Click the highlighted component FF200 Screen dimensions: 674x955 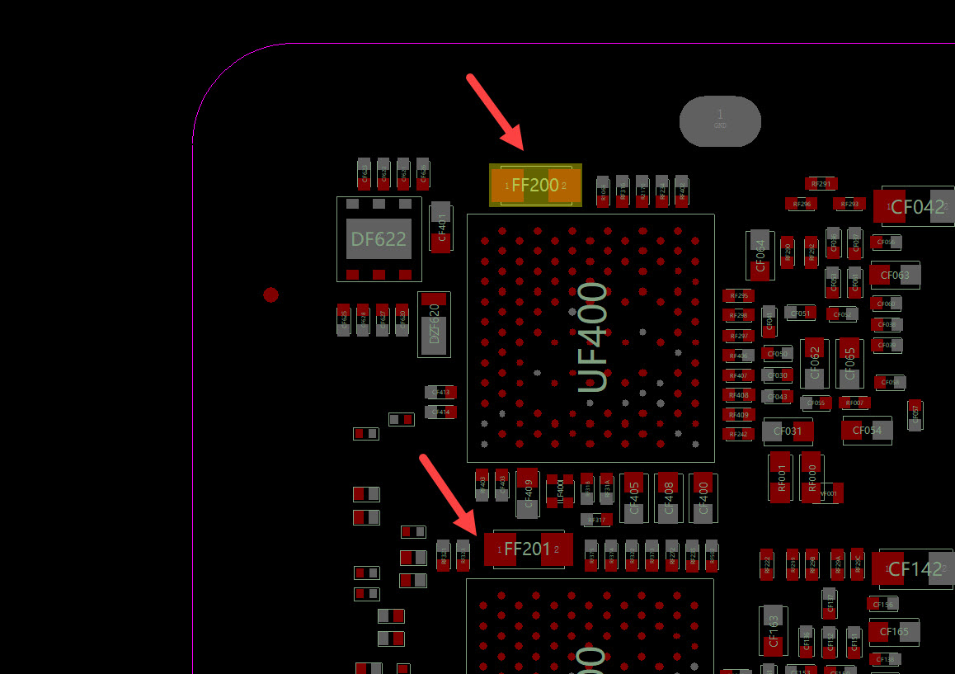(535, 186)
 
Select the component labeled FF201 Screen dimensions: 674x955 (528, 549)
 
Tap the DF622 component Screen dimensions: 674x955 (379, 239)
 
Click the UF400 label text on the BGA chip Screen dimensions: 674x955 (593, 337)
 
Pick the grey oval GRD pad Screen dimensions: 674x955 (720, 121)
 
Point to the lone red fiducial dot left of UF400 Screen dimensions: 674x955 (271, 295)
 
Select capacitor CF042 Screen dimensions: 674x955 (916, 207)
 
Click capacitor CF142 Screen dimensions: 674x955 (915, 569)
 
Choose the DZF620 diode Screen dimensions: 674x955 (435, 324)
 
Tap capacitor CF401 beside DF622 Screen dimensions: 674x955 (441, 226)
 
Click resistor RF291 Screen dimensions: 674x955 (821, 183)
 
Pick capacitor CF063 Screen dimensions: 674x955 (895, 275)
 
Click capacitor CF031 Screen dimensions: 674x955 (788, 431)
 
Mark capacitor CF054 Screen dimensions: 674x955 (867, 430)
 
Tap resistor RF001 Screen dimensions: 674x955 (782, 476)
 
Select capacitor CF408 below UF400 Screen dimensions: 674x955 (668, 497)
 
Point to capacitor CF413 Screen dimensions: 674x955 (441, 392)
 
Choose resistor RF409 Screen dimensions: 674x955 (738, 414)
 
